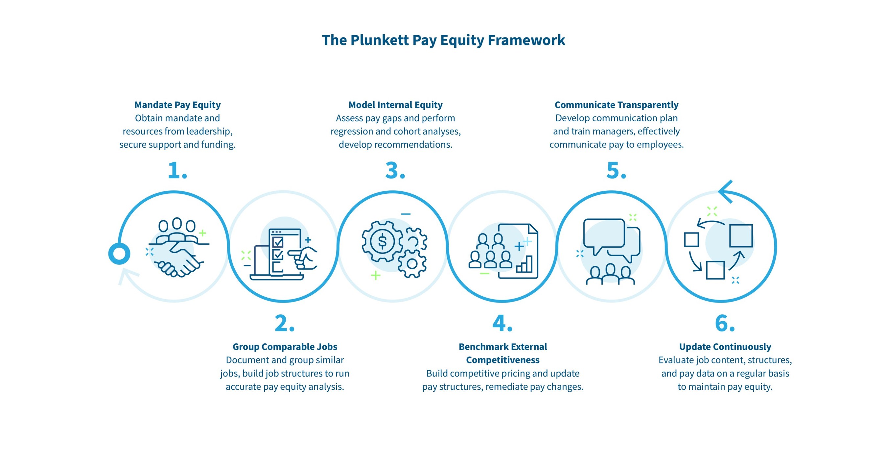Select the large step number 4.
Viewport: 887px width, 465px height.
point(502,324)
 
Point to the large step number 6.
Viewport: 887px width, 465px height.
point(724,324)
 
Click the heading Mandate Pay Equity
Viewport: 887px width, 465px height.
point(177,105)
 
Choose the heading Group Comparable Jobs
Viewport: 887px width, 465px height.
point(285,347)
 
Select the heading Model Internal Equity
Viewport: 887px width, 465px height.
point(395,105)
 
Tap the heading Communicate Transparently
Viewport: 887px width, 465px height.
point(616,105)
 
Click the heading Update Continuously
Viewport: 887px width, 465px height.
point(725,347)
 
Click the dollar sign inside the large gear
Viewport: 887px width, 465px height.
point(382,241)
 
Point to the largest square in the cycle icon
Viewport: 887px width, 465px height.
point(741,235)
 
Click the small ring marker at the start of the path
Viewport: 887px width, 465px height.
point(119,254)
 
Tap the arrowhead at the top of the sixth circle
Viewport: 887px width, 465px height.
point(726,191)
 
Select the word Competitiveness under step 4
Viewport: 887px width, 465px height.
point(503,360)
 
